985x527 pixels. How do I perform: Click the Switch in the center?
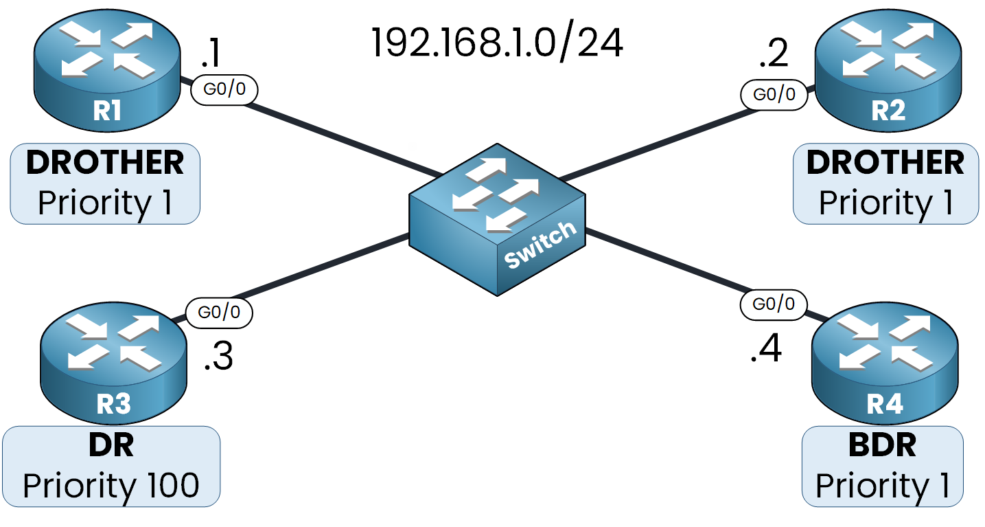[x=497, y=219]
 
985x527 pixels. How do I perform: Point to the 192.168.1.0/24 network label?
[x=497, y=43]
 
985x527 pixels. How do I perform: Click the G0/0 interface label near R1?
[x=224, y=90]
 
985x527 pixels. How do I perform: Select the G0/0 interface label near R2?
[x=774, y=94]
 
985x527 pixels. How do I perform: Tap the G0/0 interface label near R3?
[x=219, y=312]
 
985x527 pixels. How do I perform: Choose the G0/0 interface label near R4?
[x=774, y=304]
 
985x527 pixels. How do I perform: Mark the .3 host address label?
[x=218, y=357]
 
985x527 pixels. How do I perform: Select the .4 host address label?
[x=766, y=350]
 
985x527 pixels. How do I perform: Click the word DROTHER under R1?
[x=105, y=163]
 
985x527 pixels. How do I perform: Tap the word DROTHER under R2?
[x=885, y=163]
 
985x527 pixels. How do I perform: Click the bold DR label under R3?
[x=111, y=446]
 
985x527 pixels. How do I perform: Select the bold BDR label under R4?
[x=883, y=446]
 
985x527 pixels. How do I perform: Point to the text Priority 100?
[x=111, y=485]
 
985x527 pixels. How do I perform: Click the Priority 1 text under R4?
[x=883, y=485]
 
